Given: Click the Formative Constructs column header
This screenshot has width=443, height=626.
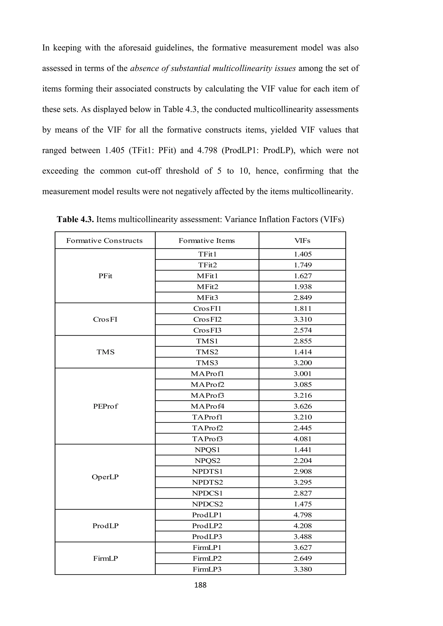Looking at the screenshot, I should tap(104, 240).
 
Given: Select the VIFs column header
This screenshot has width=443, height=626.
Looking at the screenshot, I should tap(302, 240).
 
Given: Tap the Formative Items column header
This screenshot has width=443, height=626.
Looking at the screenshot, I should tap(207, 240).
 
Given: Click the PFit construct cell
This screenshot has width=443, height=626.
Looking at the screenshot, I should tap(105, 276).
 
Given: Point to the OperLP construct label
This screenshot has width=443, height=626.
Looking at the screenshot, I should tap(105, 477).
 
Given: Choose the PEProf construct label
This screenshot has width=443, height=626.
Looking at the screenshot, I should tap(105, 406).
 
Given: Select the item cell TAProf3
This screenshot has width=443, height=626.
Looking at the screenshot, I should tap(207, 439).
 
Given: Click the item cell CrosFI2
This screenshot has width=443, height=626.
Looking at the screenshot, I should tap(207, 319).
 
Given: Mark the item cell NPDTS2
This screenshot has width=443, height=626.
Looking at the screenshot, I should tap(207, 482).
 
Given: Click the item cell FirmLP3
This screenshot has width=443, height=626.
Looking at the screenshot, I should tap(207, 569).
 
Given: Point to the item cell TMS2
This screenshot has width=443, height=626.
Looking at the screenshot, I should tap(207, 352).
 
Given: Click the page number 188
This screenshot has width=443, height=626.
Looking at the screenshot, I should tap(200, 585).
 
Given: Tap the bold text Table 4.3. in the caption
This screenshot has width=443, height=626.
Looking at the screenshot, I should tap(75, 219).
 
